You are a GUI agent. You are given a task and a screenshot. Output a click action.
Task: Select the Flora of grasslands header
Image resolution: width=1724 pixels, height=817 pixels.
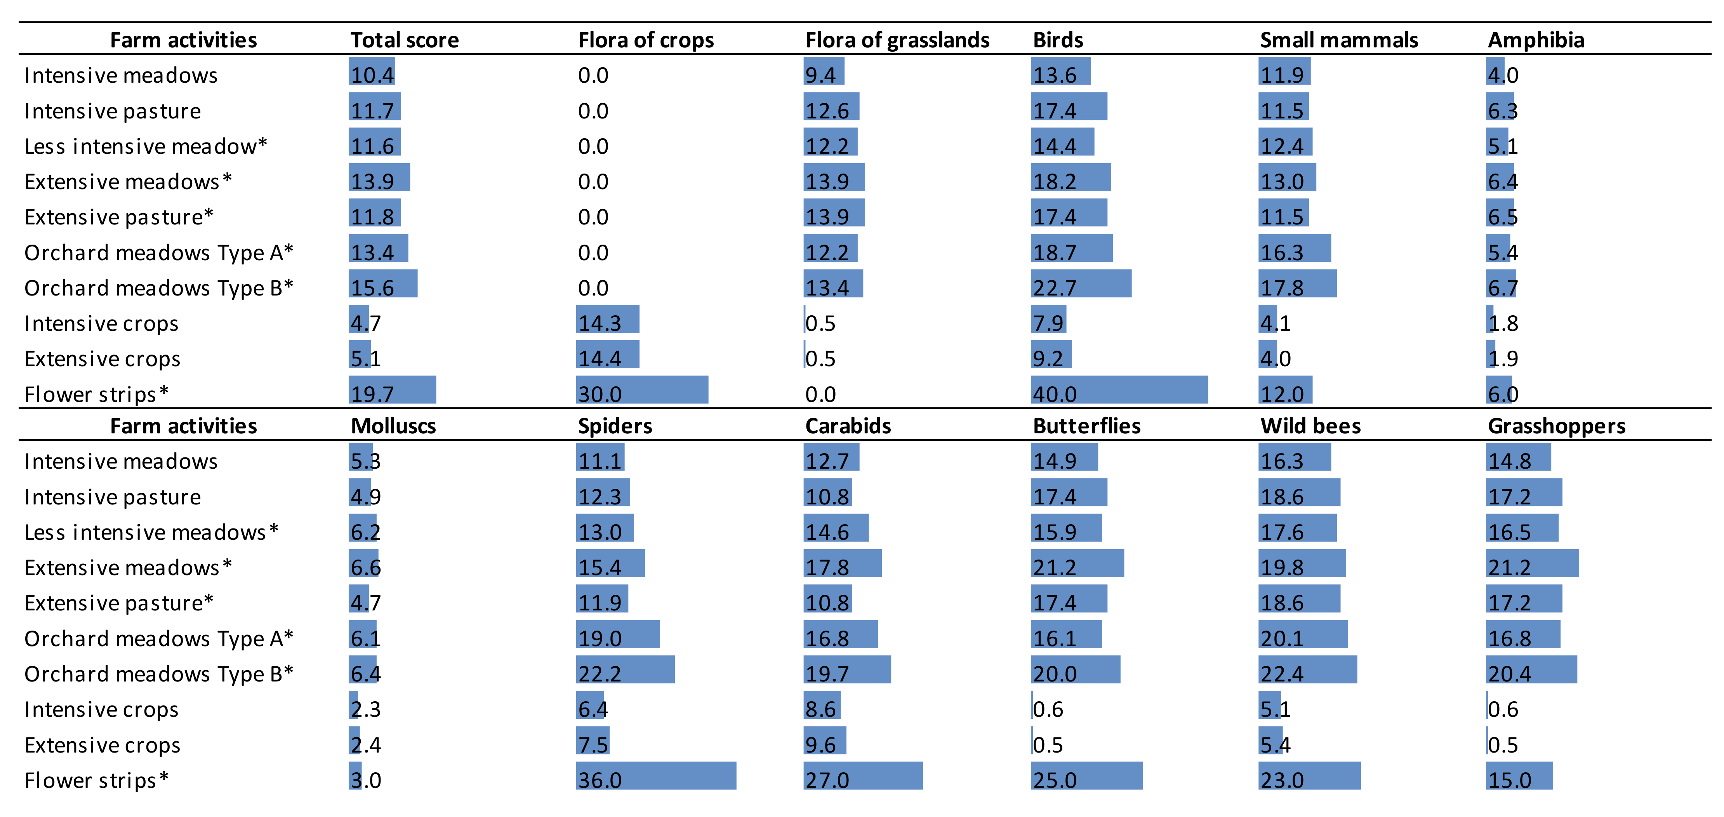(x=897, y=40)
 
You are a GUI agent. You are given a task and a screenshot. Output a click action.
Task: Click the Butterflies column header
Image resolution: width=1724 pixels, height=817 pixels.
(x=1086, y=426)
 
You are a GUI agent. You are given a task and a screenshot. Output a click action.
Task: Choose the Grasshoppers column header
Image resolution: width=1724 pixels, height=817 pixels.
(x=1556, y=426)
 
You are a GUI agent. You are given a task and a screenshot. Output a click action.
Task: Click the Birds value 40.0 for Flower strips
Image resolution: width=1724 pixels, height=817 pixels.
(x=1054, y=394)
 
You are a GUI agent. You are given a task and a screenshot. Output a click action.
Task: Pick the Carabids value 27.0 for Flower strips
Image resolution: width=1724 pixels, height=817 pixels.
(x=827, y=780)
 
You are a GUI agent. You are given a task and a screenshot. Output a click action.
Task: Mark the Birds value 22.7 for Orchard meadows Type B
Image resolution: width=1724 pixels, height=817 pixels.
(x=1054, y=288)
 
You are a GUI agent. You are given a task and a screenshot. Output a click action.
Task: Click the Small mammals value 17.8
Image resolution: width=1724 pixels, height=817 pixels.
(x=1282, y=288)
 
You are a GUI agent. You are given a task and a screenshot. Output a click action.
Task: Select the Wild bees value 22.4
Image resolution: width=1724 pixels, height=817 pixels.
(x=1282, y=674)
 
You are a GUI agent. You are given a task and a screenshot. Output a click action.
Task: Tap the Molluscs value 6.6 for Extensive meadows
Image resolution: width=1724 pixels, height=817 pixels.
(x=365, y=567)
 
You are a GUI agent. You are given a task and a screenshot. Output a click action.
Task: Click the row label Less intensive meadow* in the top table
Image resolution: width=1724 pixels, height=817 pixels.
(x=145, y=146)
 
